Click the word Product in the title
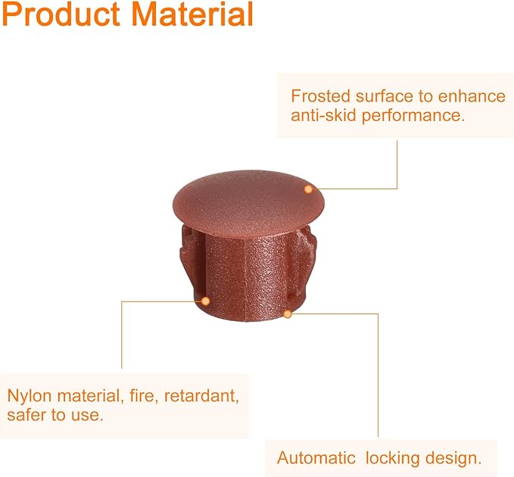61,14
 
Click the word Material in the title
192,14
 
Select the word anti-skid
323,115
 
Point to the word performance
413,116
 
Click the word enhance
472,96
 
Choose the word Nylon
30,396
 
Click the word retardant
201,396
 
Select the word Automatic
316,457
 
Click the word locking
392,459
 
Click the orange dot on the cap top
308,189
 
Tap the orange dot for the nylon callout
206,301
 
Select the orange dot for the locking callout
288,314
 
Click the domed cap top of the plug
248,202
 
